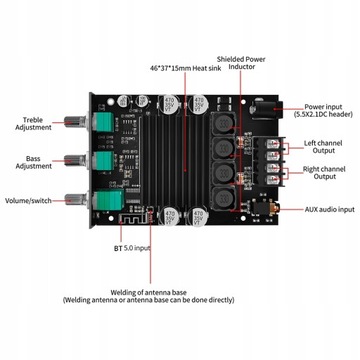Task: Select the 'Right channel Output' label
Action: (x=327, y=174)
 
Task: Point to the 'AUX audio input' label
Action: (x=329, y=209)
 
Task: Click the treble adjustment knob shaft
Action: (x=76, y=122)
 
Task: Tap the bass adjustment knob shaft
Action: (x=76, y=159)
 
